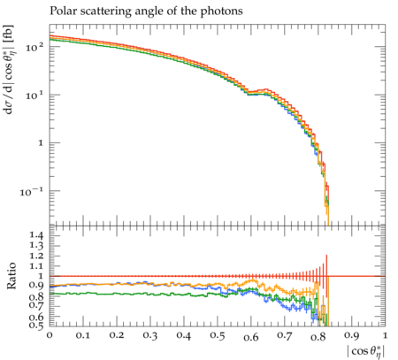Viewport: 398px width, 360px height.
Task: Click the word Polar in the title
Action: (62, 11)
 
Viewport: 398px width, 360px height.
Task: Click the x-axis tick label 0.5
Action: (218, 336)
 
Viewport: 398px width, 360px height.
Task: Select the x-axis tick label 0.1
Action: (83, 336)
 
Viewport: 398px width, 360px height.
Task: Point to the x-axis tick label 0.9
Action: (352, 336)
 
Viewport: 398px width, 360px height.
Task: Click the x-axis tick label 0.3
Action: (150, 336)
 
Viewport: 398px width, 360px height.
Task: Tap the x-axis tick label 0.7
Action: (285, 336)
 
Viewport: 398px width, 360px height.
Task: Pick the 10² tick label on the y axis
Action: (34, 47)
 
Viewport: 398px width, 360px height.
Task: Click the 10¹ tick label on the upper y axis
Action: (34, 96)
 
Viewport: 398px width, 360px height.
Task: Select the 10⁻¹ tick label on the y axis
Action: (32, 192)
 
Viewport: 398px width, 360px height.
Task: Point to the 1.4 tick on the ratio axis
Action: (36, 235)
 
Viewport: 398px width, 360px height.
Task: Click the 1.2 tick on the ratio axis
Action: (36, 256)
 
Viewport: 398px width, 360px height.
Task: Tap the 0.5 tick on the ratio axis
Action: (36, 326)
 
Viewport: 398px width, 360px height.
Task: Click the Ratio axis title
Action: (11, 276)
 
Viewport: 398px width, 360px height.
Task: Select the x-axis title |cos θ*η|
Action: (366, 351)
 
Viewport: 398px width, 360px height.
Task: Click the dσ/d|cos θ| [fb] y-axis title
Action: (9, 69)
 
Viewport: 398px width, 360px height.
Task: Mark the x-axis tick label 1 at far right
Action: (385, 336)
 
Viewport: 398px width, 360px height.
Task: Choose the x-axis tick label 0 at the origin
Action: (50, 336)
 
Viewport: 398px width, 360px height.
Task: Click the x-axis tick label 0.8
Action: (318, 336)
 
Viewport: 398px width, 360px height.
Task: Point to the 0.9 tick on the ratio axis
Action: (36, 286)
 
